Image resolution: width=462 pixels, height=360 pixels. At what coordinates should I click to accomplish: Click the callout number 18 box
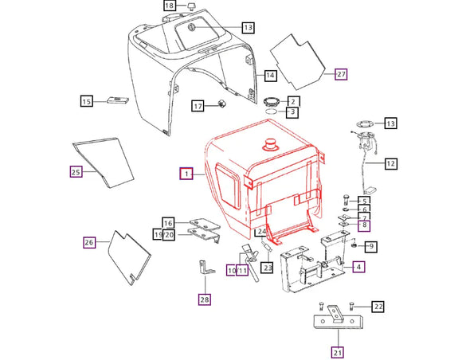[x=170, y=6]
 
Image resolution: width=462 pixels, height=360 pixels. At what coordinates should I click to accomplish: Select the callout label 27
[x=342, y=74]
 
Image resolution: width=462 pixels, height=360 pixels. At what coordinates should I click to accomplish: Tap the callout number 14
[x=270, y=76]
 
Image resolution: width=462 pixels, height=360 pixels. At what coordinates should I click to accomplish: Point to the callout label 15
[x=86, y=100]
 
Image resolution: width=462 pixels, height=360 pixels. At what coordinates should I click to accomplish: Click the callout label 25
[x=76, y=170]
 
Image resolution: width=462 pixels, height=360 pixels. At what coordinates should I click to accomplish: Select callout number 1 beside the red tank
[x=186, y=173]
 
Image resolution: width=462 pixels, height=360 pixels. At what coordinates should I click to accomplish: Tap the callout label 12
[x=390, y=165]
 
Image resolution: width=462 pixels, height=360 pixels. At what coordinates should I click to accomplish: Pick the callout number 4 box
[x=360, y=267]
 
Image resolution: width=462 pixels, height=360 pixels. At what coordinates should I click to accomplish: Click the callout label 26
[x=89, y=242]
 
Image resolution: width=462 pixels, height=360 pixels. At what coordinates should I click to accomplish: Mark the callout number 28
[x=206, y=299]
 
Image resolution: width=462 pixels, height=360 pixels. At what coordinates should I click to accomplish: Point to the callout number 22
[x=378, y=306]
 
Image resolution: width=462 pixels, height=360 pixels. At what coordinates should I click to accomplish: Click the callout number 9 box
[x=371, y=246]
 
